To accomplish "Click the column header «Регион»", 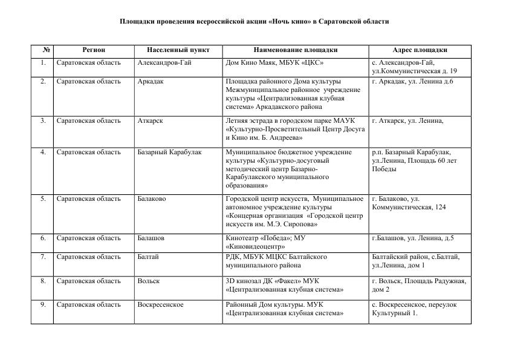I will [x=94, y=50].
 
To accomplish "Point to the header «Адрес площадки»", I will [x=420, y=50].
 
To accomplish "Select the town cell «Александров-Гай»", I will [x=164, y=62].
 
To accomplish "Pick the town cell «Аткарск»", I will [x=150, y=120].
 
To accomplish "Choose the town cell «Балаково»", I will [x=152, y=198].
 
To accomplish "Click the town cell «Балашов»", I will [x=151, y=238].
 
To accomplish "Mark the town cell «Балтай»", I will [x=148, y=257].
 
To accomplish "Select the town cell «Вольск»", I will [x=149, y=281].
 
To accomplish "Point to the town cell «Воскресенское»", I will [x=160, y=304].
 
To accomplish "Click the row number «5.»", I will [x=43, y=198].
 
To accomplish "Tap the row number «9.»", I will [x=43, y=304].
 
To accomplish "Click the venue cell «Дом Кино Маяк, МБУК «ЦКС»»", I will [x=274, y=62].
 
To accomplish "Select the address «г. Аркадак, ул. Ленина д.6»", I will [x=412, y=81].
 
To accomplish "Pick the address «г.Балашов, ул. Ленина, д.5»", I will [x=413, y=238].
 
